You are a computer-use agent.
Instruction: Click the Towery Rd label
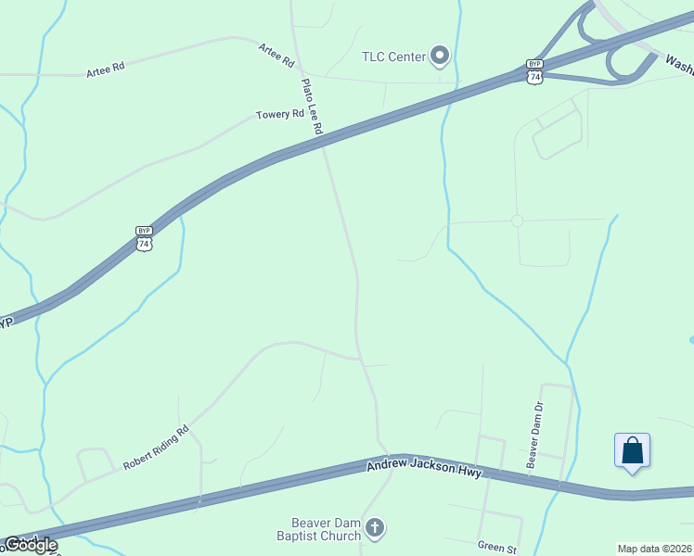pyautogui.click(x=279, y=115)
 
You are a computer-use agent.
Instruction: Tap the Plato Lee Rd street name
pyautogui.click(x=310, y=107)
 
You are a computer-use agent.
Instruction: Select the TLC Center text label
pyautogui.click(x=393, y=57)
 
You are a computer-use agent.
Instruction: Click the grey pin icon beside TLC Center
pyautogui.click(x=440, y=57)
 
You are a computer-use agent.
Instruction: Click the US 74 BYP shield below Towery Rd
pyautogui.click(x=143, y=238)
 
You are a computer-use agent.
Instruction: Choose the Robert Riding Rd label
pyautogui.click(x=157, y=447)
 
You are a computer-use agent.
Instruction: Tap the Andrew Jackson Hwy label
pyautogui.click(x=424, y=468)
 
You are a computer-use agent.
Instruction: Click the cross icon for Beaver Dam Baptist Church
pyautogui.click(x=374, y=529)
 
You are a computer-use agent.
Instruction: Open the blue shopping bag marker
pyautogui.click(x=632, y=451)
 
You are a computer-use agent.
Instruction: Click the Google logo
pyautogui.click(x=31, y=544)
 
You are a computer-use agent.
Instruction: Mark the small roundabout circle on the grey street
pyautogui.click(x=517, y=221)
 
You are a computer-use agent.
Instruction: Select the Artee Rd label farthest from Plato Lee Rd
pyautogui.click(x=105, y=70)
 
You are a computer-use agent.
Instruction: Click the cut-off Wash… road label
pyautogui.click(x=678, y=67)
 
